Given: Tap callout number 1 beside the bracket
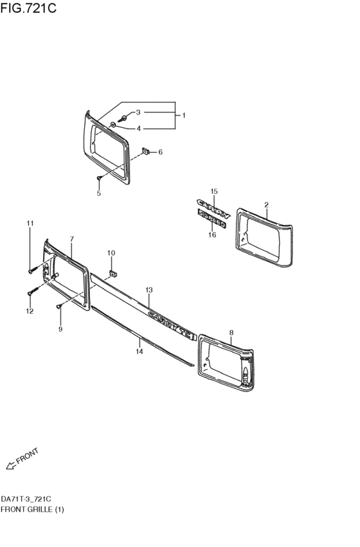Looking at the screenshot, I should click(183, 116).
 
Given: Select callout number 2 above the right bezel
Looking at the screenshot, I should click(266, 205).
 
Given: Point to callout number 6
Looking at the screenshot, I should click(160, 152).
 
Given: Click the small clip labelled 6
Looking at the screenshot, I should click(146, 152).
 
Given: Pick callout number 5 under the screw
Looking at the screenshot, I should click(99, 192).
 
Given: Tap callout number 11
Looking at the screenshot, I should click(30, 223).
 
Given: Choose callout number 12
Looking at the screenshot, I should click(30, 311).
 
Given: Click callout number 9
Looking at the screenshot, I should click(60, 329).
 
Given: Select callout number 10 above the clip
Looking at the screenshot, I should click(111, 253).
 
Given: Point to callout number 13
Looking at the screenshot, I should click(148, 291).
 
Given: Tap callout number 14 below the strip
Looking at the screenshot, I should click(139, 351).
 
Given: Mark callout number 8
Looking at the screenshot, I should click(231, 332).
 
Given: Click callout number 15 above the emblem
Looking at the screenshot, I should click(215, 192).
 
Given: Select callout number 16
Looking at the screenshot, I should click(212, 235).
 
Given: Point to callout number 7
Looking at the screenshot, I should click(72, 239).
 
